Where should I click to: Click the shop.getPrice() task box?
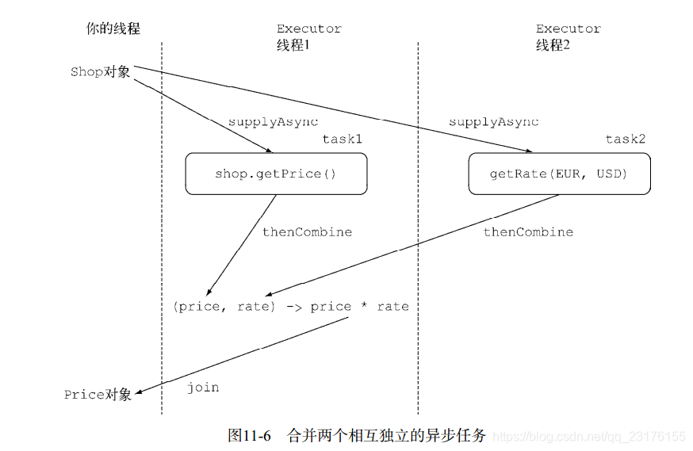coord(276,174)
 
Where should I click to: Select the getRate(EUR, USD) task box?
coord(559,174)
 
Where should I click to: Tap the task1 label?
coord(342,140)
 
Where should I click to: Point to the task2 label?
coord(626,140)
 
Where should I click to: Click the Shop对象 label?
coord(100,72)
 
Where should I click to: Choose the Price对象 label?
coord(98,394)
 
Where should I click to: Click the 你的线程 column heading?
coord(113,29)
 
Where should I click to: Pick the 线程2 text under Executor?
coord(553,45)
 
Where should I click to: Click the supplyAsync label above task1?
coord(273,122)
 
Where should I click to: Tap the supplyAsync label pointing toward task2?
coord(493,122)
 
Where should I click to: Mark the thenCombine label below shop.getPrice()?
coord(307,232)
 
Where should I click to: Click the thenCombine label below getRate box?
coord(528,232)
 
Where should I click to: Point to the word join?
coord(203,388)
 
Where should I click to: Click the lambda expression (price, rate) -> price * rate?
coord(290,307)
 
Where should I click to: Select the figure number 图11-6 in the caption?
coord(249,435)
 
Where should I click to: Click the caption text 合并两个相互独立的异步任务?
coord(385,435)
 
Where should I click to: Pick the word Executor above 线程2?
coord(568,29)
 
